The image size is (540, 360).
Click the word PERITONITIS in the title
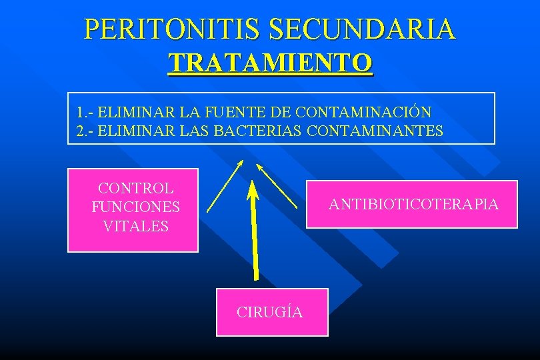pyautogui.click(x=171, y=29)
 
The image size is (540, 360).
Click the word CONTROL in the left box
pyautogui.click(x=135, y=189)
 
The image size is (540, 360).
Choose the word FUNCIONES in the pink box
pyautogui.click(x=135, y=207)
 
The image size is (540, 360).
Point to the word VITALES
pyautogui.click(x=135, y=226)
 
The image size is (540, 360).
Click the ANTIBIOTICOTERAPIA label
pyautogui.click(x=413, y=204)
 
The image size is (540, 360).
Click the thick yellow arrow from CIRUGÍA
pyautogui.click(x=254, y=233)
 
